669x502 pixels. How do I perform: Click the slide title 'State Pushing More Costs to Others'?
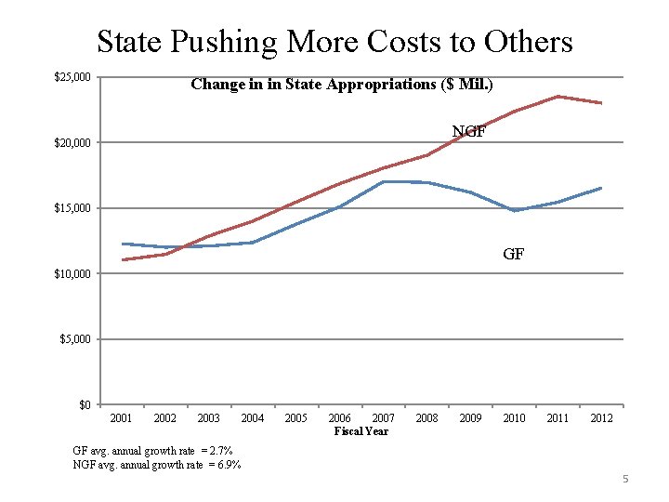(x=334, y=42)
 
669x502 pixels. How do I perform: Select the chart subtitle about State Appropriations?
(x=341, y=85)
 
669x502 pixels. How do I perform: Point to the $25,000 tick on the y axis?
(x=72, y=77)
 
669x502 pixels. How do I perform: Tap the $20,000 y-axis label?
(x=72, y=142)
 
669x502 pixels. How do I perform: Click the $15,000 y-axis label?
(x=72, y=208)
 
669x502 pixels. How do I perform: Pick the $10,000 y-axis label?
(x=72, y=274)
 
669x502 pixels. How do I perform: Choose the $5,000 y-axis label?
(x=75, y=339)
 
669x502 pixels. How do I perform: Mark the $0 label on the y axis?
(x=84, y=405)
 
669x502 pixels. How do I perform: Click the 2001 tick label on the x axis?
(x=122, y=418)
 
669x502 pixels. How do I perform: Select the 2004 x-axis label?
(x=253, y=418)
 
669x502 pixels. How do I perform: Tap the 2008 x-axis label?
(x=426, y=418)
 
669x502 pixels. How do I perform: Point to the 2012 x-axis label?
(x=601, y=418)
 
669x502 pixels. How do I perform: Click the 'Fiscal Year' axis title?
(x=361, y=431)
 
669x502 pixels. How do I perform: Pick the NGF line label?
(x=468, y=131)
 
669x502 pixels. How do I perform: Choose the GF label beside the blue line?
(x=513, y=253)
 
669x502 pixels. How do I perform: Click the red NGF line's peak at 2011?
(x=557, y=97)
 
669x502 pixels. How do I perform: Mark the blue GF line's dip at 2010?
(x=514, y=210)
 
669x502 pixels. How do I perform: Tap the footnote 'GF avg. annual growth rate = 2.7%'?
(x=152, y=451)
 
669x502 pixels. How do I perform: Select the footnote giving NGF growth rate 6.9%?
(x=156, y=464)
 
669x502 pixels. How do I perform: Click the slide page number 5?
(x=625, y=479)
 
